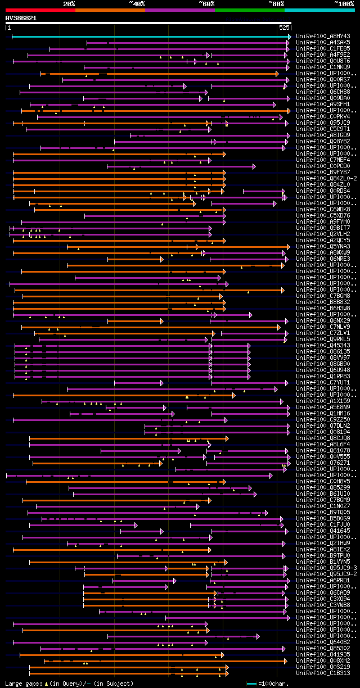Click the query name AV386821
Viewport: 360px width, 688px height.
pyautogui.click(x=21, y=18)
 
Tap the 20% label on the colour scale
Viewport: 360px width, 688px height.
pyautogui.click(x=69, y=4)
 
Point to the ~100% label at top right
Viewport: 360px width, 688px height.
pyautogui.click(x=344, y=4)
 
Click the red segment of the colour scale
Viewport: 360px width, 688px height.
pyautogui.click(x=40, y=10)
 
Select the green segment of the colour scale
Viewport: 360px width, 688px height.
pyautogui.click(x=249, y=10)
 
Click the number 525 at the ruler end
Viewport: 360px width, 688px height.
pyautogui.click(x=283, y=27)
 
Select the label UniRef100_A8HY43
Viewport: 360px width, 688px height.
pyautogui.click(x=323, y=36)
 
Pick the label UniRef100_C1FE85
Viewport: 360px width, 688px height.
pyautogui.click(x=323, y=48)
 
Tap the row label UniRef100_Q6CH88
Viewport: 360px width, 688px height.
pyautogui.click(x=323, y=92)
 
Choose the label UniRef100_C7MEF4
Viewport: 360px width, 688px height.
pyautogui.click(x=323, y=160)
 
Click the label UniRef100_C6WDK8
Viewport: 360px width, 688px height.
pyautogui.click(x=323, y=209)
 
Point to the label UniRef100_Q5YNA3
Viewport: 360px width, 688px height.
pyautogui.click(x=323, y=246)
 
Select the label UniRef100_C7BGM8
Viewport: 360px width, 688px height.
pyautogui.click(x=323, y=296)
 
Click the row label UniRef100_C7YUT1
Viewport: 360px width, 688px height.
pyautogui.click(x=323, y=382)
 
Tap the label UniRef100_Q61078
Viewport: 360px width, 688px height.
pyautogui.click(x=323, y=450)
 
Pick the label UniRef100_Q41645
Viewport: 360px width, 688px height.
pyautogui.click(x=323, y=531)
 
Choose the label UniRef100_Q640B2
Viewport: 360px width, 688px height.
pyautogui.click(x=323, y=642)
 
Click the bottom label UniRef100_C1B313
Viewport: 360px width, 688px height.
pyautogui.click(x=323, y=673)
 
